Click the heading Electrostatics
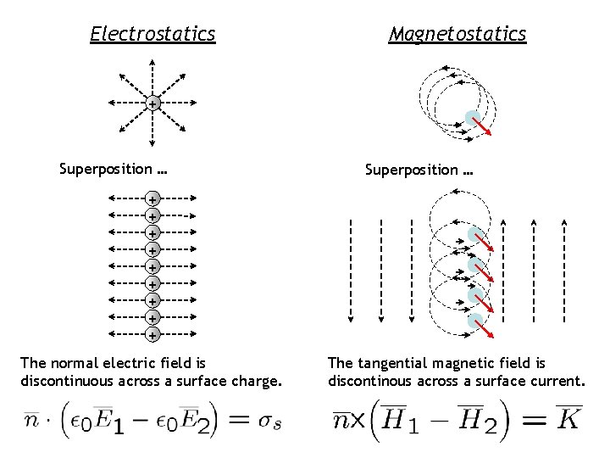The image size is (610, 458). pos(152,35)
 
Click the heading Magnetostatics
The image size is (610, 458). pos(457,35)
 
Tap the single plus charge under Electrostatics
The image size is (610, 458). pos(152,104)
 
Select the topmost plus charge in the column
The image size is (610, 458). pos(152,199)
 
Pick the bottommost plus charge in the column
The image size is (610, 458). pos(152,335)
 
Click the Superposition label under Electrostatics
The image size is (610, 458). pos(113,169)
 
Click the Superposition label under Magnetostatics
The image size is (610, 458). pos(419,169)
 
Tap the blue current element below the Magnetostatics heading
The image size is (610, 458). pos(473,118)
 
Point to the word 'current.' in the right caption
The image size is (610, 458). pos(555,381)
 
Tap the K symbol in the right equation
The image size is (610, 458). pos(567,419)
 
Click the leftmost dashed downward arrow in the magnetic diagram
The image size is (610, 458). pos(351,271)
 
